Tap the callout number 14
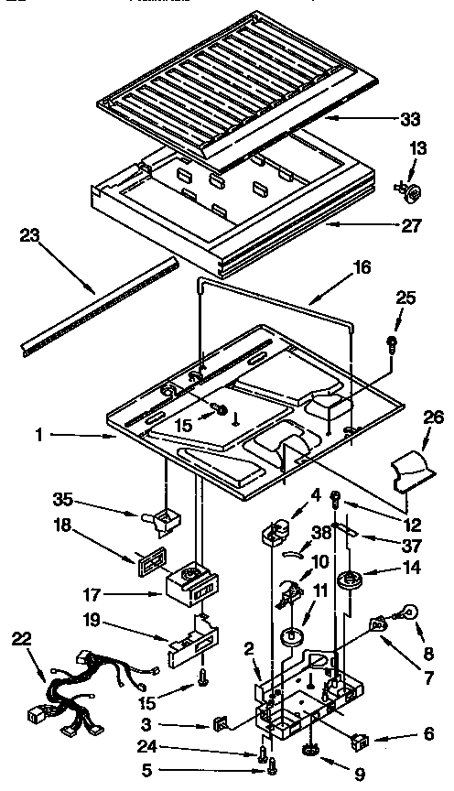point(410,567)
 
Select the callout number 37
point(410,545)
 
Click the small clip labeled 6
point(359,711)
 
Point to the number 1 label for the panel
point(38,438)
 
